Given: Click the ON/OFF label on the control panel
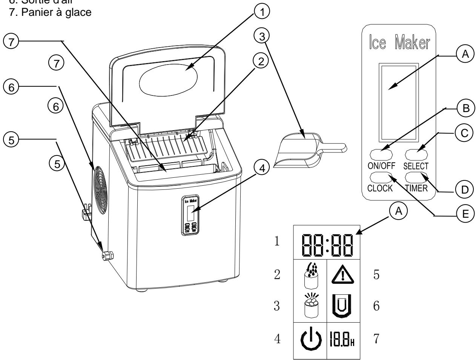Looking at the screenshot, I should click(x=381, y=165).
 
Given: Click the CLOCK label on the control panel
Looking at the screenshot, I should click(x=381, y=188).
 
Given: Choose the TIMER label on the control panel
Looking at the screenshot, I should click(x=416, y=188).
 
